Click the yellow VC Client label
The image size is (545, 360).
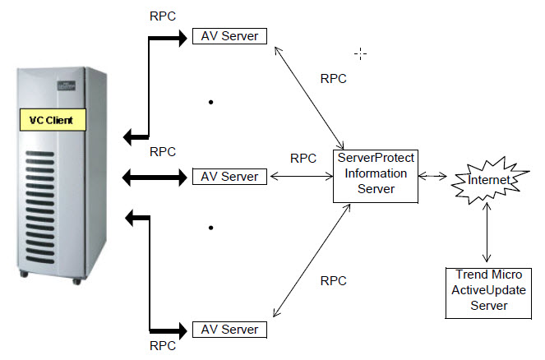51,121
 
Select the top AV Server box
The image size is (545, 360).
229,36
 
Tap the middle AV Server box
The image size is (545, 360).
229,176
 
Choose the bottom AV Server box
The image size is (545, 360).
229,330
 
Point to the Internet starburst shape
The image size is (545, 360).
488,178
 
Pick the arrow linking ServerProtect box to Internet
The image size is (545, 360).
432,176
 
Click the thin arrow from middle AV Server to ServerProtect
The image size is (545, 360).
300,176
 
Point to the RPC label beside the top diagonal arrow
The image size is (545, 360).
332,79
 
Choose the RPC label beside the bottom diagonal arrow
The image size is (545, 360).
332,280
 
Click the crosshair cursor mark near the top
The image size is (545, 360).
360,53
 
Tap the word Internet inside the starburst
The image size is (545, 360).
487,179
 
